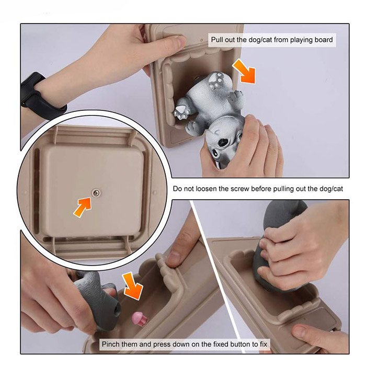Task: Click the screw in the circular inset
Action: (96, 193)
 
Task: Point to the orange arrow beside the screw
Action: (83, 207)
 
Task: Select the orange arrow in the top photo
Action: (245, 72)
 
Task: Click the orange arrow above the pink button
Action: (132, 285)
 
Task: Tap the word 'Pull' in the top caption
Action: (217, 40)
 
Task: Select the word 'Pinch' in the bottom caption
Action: (110, 344)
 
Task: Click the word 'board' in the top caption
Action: (324, 40)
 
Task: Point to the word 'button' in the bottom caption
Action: (240, 344)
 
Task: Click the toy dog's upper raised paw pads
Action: (216, 81)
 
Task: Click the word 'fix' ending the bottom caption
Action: (264, 344)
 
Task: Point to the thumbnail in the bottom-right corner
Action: (301, 332)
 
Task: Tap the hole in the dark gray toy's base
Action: (117, 310)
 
